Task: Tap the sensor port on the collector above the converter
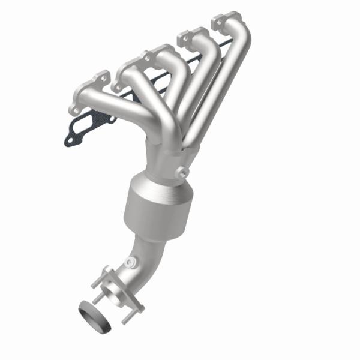tap(180, 173)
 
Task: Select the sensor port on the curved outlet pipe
tap(130, 262)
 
